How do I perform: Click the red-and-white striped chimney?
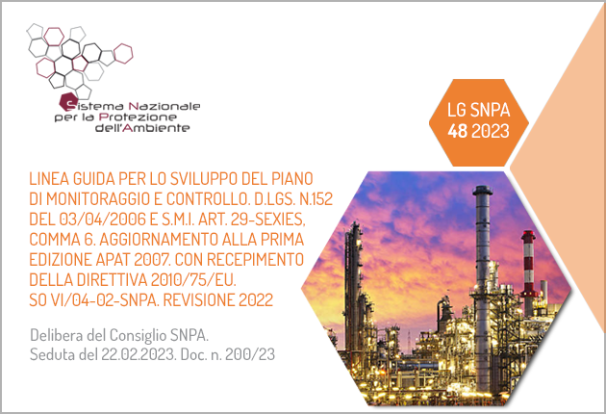click(528, 267)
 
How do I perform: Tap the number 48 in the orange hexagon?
click(458, 131)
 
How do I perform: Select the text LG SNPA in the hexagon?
click(478, 110)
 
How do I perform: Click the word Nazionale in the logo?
click(164, 106)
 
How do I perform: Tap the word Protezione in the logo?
click(138, 116)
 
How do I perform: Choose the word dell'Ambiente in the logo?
click(142, 128)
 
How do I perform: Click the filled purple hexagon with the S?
click(67, 102)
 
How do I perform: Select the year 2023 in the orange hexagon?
click(491, 131)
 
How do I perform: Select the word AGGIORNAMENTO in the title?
click(159, 240)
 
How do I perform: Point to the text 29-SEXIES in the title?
click(267, 220)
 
